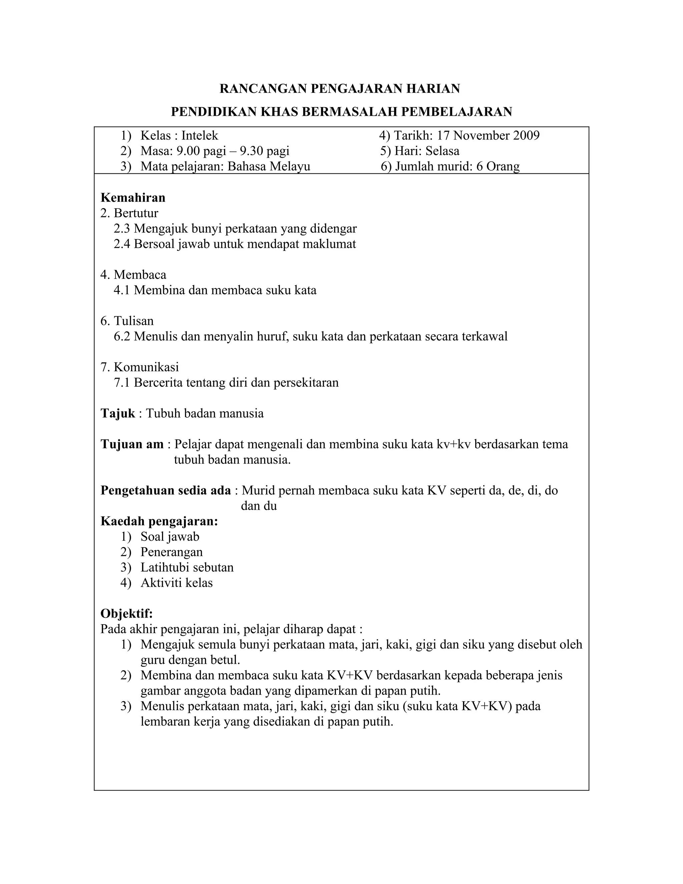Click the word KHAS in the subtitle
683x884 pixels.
(x=279, y=112)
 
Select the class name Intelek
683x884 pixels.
(x=199, y=135)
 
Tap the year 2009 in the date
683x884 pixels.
(x=526, y=135)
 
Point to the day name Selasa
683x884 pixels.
(x=442, y=151)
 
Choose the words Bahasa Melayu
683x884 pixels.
(x=269, y=166)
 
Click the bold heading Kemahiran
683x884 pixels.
(x=133, y=197)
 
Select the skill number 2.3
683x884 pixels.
(x=122, y=229)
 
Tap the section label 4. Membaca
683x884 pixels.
(x=133, y=275)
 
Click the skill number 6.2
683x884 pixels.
(x=122, y=336)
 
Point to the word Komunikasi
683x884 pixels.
(x=146, y=367)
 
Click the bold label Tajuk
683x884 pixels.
(x=118, y=414)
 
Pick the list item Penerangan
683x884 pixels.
(x=171, y=552)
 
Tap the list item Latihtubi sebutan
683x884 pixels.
(x=187, y=567)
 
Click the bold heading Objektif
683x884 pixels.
(x=127, y=613)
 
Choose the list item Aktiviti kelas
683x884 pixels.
(x=176, y=583)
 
